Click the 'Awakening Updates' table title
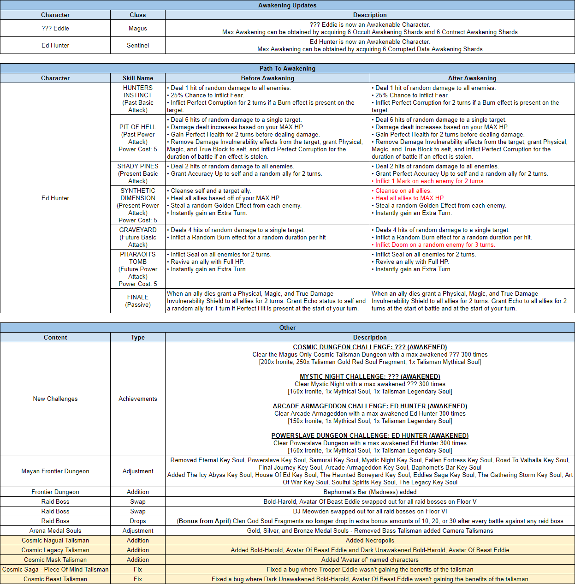tap(287, 5)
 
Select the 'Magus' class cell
tap(137, 28)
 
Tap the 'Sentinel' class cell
tap(137, 45)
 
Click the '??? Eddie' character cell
tap(55, 28)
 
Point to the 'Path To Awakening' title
tap(287, 68)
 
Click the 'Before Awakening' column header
tap(267, 78)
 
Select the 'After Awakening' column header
tap(472, 78)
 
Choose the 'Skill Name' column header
tap(137, 78)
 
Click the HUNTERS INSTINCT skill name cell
tap(137, 99)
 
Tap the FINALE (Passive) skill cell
tap(137, 301)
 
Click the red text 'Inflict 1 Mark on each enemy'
tap(430, 181)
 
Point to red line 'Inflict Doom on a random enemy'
tap(435, 245)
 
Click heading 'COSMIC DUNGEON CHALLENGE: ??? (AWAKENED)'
tap(370, 347)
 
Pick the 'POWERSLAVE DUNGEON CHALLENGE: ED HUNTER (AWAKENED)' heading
tap(370, 435)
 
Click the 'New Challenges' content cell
tap(55, 399)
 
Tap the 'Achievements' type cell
tap(137, 399)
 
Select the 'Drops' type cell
tap(137, 521)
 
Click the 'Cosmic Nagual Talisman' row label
tap(55, 540)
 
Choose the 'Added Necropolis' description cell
tap(370, 540)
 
